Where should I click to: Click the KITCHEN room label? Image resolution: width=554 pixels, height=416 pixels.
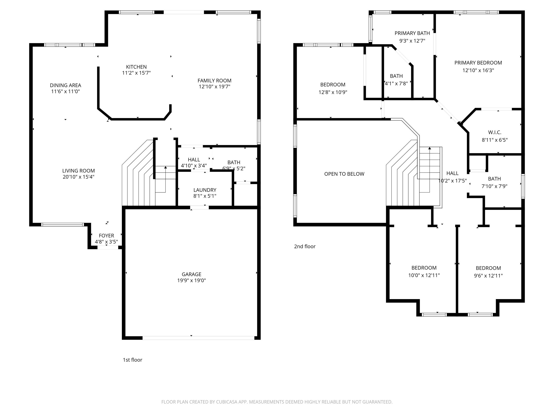tap(136, 67)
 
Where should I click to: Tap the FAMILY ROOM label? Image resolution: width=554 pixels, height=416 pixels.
tap(214, 81)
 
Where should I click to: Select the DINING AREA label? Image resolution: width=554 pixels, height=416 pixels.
tap(66, 85)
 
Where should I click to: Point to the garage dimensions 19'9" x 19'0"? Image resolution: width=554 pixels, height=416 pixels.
tap(192, 280)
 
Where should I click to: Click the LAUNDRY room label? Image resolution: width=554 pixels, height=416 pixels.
tap(205, 190)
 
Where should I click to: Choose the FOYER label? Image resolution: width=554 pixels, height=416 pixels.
tap(106, 236)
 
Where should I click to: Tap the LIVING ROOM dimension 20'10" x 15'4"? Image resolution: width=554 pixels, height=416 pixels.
tap(79, 177)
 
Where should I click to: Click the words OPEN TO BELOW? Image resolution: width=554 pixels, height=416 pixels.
tap(344, 174)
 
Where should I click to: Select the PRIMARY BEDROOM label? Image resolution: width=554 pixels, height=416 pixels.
tap(478, 63)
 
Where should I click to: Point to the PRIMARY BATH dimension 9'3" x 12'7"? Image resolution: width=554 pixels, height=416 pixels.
tap(412, 41)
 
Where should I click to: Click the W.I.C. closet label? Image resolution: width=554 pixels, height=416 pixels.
tap(495, 132)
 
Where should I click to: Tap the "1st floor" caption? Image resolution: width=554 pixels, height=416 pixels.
tap(133, 360)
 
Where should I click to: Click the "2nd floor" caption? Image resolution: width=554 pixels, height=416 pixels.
tap(305, 246)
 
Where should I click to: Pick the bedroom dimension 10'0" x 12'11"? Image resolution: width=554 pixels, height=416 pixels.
tap(424, 275)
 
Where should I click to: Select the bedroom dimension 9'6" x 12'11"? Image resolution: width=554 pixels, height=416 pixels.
tap(488, 276)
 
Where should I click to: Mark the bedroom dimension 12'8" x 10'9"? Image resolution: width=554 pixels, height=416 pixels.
tap(333, 92)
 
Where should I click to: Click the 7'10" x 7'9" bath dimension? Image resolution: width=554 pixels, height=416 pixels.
tap(494, 186)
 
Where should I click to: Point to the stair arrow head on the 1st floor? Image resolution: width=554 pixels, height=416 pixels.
tap(166, 167)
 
